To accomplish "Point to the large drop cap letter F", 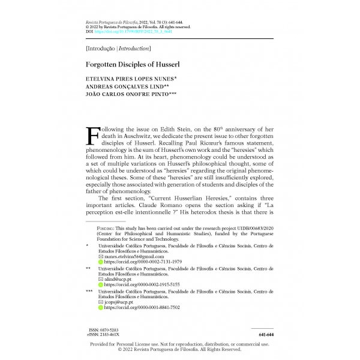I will [x=95, y=137].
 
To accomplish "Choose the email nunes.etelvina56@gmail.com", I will [x=138, y=256].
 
